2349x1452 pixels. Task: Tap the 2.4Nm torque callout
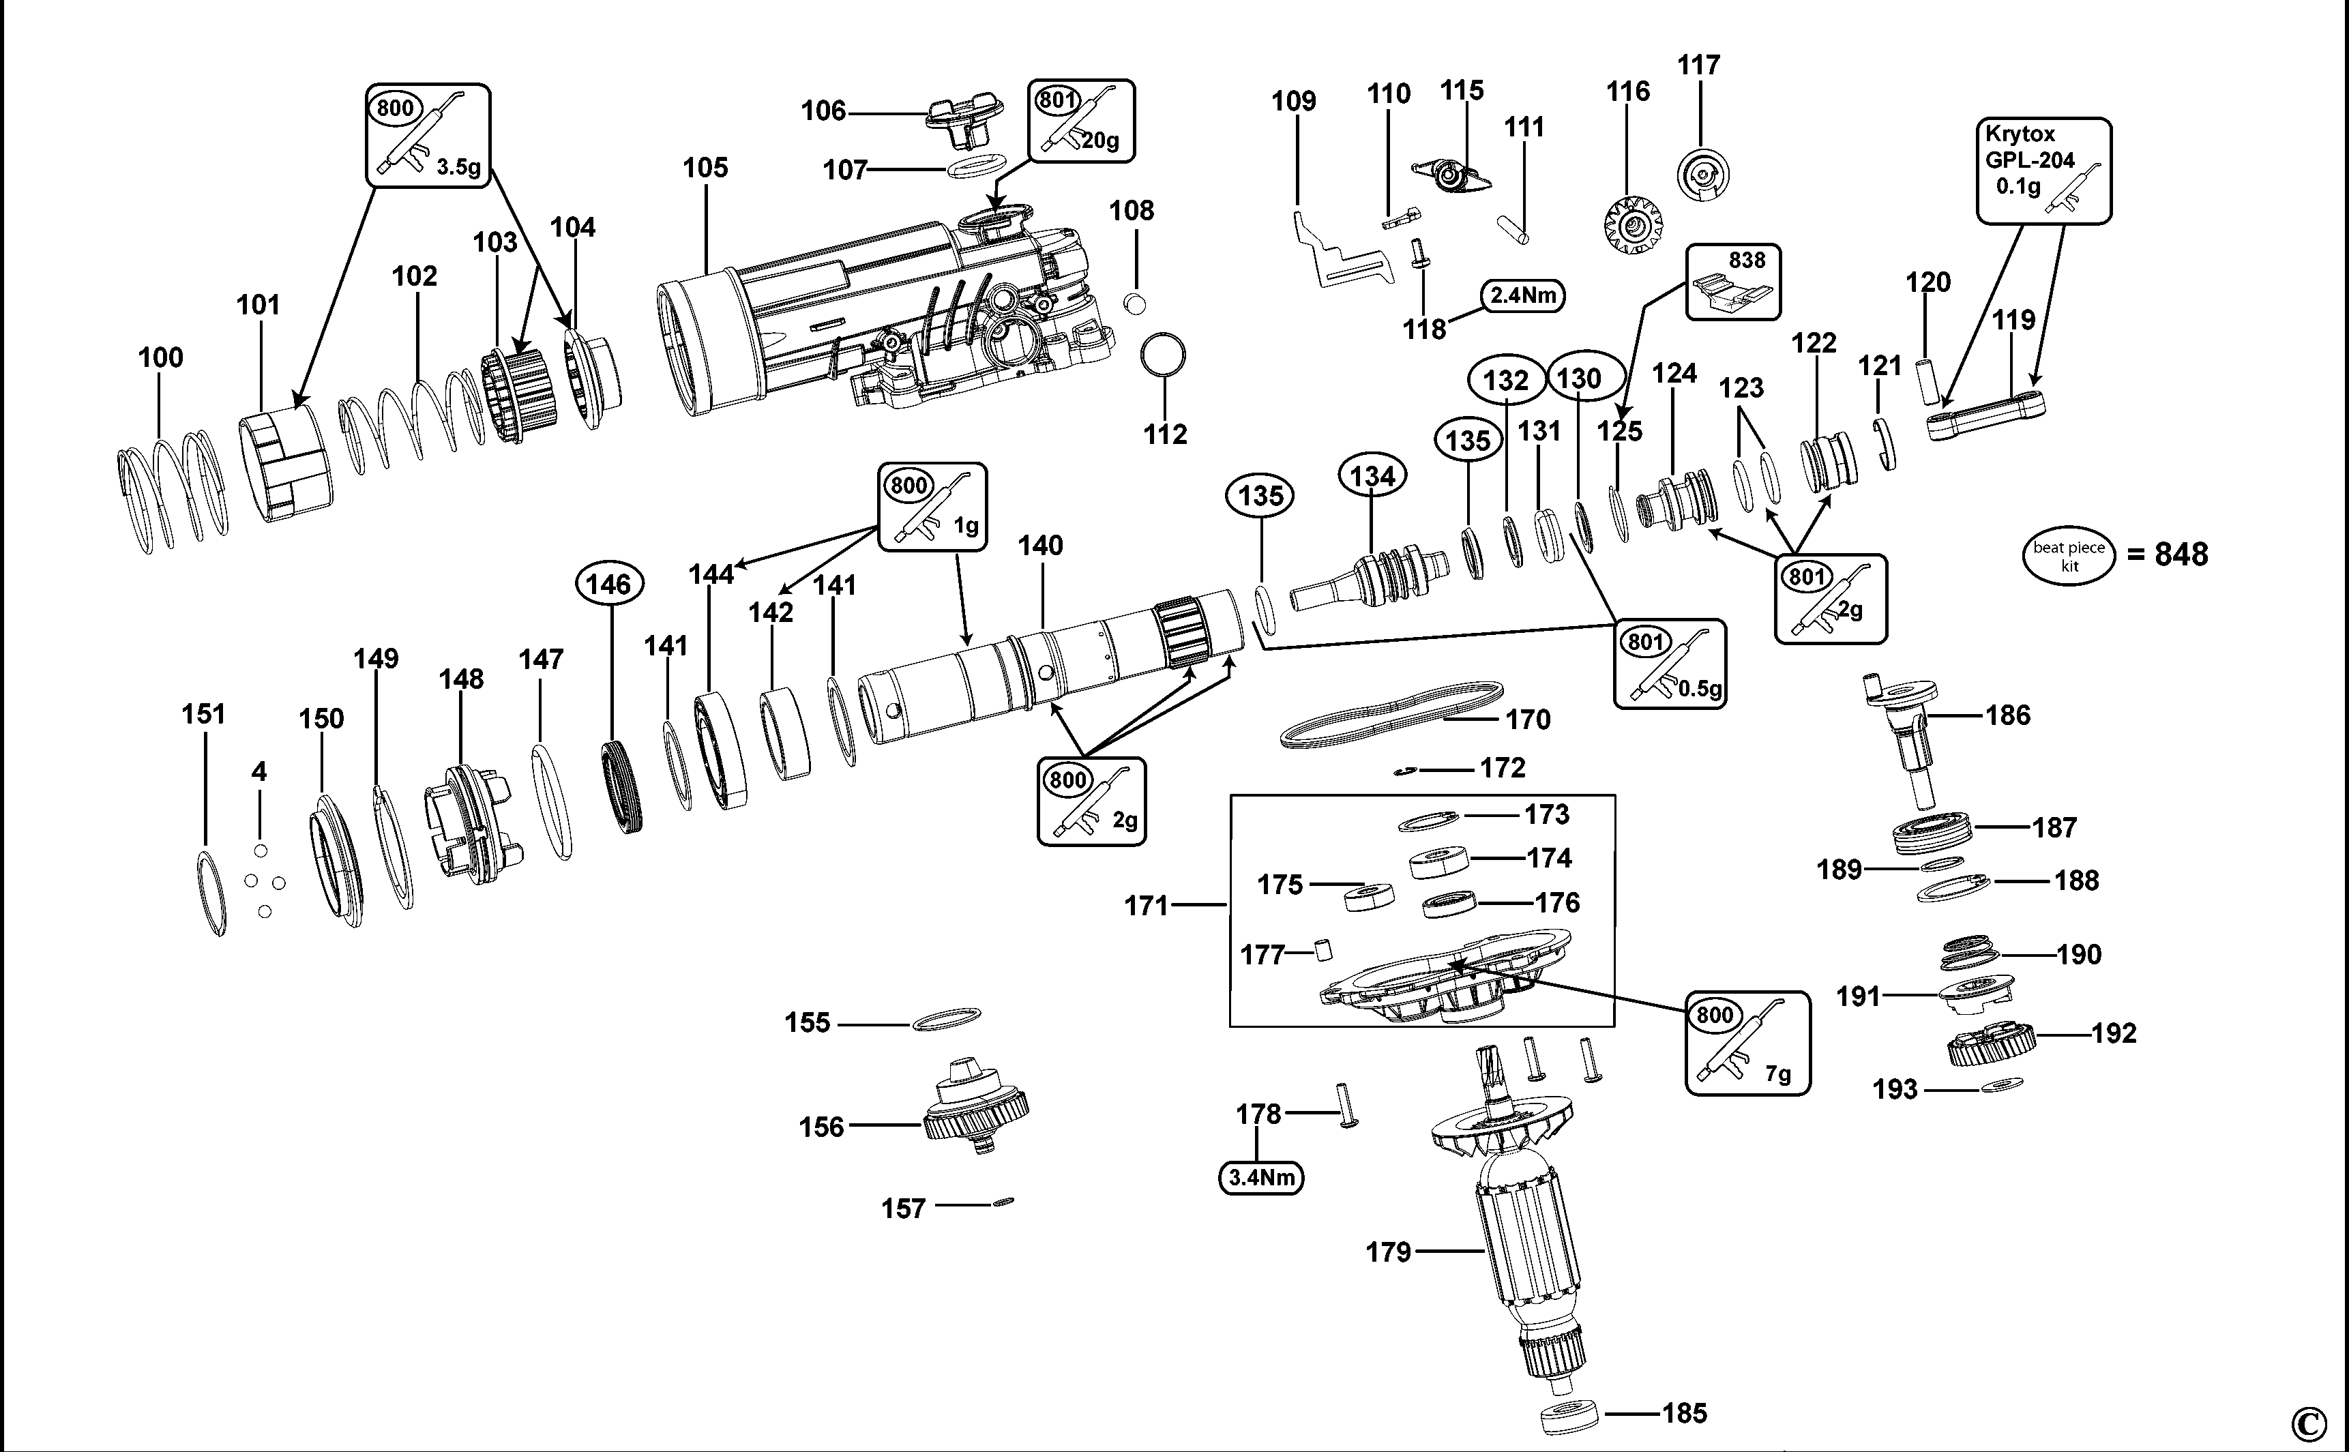click(1523, 295)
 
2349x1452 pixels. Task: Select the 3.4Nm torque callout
click(1261, 1177)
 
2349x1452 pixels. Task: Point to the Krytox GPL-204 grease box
click(2043, 171)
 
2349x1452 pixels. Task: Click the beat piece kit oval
click(2069, 556)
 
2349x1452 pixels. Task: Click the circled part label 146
click(609, 584)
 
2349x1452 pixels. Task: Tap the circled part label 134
click(1372, 476)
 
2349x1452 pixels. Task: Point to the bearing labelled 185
click(1567, 1414)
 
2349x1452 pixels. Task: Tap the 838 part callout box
click(1732, 282)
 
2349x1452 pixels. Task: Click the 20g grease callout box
click(1080, 120)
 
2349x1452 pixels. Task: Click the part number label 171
click(1146, 906)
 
